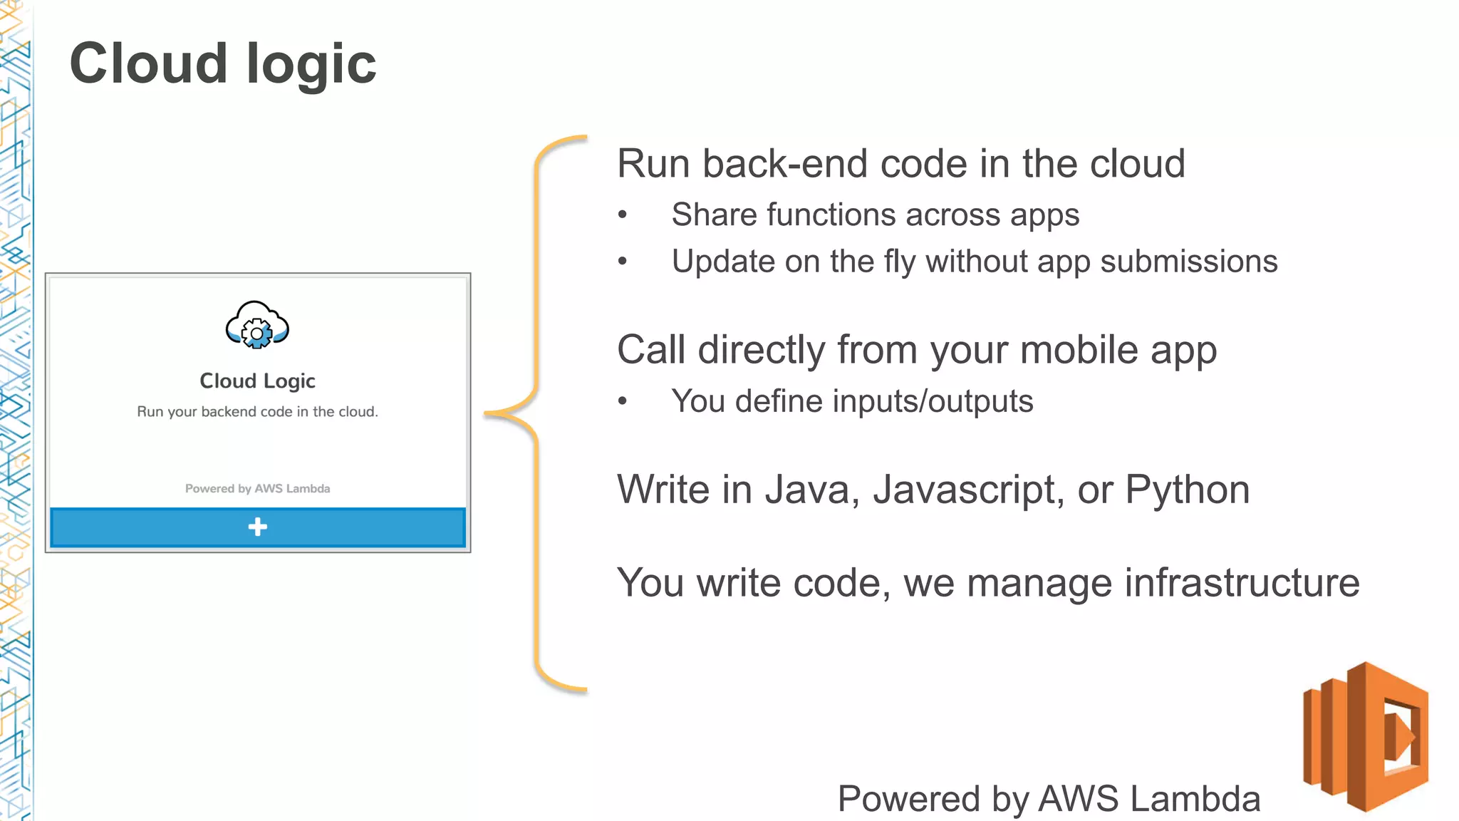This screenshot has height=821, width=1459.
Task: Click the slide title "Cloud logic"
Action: coord(223,64)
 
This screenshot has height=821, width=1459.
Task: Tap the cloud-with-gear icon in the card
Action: coord(257,326)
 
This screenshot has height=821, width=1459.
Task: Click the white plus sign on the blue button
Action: coord(257,527)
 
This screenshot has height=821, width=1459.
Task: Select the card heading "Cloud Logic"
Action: coord(257,381)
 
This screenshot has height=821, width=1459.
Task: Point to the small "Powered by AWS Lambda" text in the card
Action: coord(257,489)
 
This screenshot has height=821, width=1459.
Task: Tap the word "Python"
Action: coord(1187,490)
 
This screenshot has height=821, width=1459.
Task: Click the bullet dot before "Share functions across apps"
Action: coord(623,215)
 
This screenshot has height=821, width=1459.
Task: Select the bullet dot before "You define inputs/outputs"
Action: coord(623,402)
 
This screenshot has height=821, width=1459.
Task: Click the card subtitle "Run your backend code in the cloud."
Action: coord(257,412)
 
